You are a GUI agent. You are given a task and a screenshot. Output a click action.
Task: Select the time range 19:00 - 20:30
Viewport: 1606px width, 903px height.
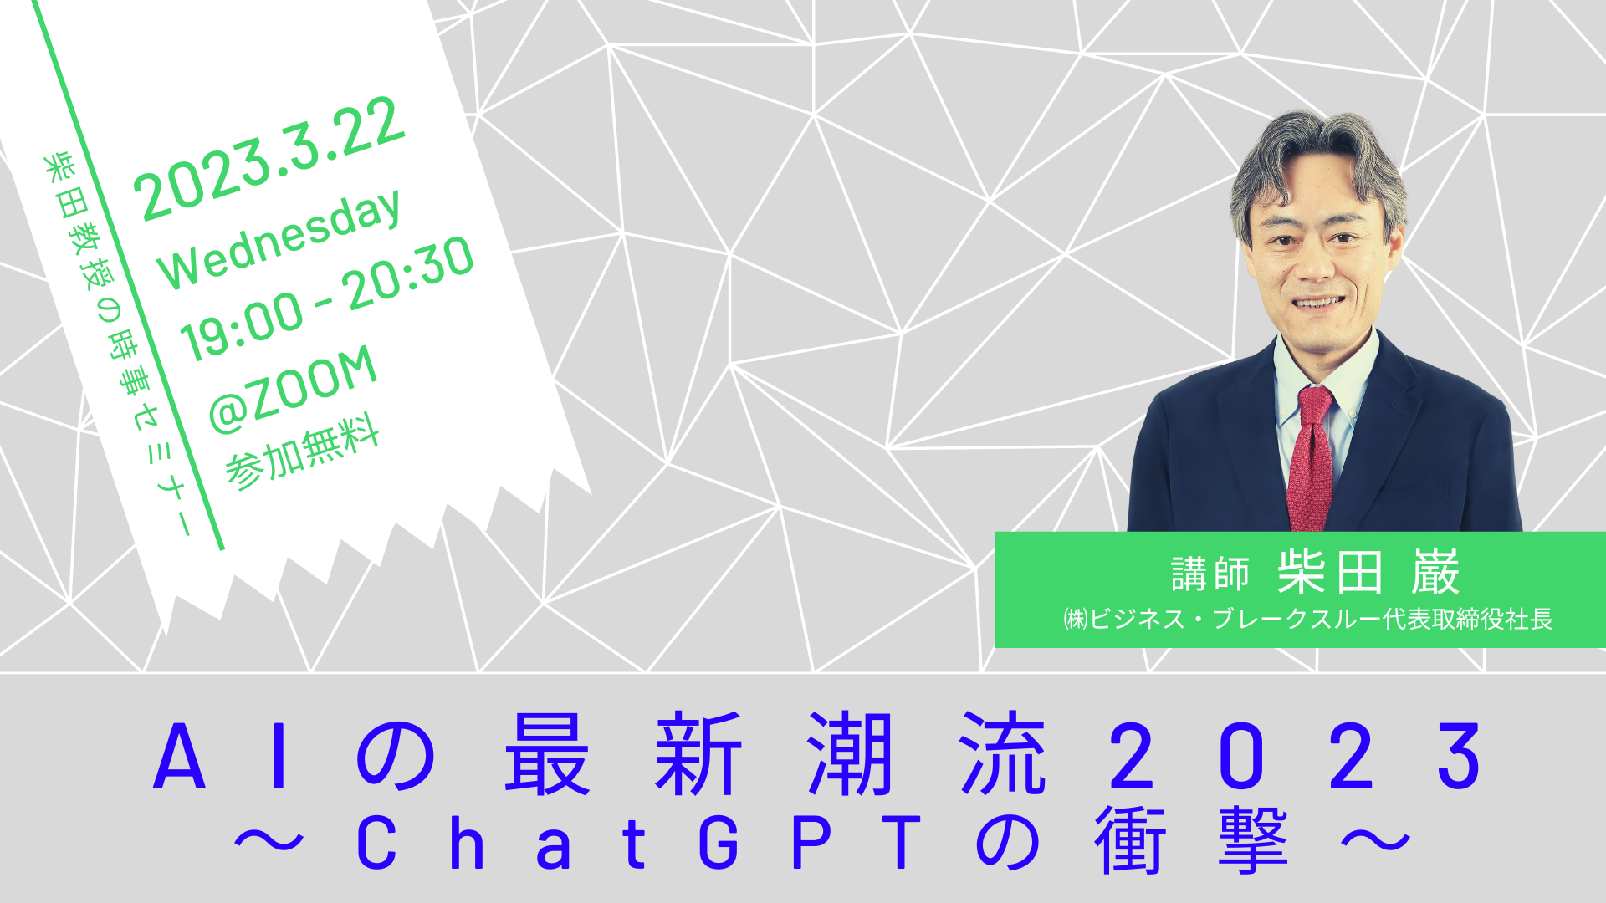point(327,298)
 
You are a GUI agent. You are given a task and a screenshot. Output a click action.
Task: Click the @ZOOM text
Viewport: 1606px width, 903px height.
point(293,389)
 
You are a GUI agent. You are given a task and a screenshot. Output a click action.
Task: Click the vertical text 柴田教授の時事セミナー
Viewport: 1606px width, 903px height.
point(118,343)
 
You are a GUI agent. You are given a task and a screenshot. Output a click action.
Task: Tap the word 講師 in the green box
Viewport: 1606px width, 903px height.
point(1210,574)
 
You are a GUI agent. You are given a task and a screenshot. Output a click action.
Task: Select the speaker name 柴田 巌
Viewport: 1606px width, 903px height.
point(1368,573)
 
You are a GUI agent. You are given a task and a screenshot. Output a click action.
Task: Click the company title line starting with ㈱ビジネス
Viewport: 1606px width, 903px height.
point(1307,619)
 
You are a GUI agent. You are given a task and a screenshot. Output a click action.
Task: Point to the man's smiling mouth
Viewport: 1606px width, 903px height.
point(1318,303)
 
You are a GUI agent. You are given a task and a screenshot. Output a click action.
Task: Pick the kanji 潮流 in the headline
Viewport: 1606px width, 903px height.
point(927,753)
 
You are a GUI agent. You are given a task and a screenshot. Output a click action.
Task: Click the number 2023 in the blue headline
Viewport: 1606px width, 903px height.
point(1296,757)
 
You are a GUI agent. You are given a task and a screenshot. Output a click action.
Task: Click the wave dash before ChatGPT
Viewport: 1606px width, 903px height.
point(269,841)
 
